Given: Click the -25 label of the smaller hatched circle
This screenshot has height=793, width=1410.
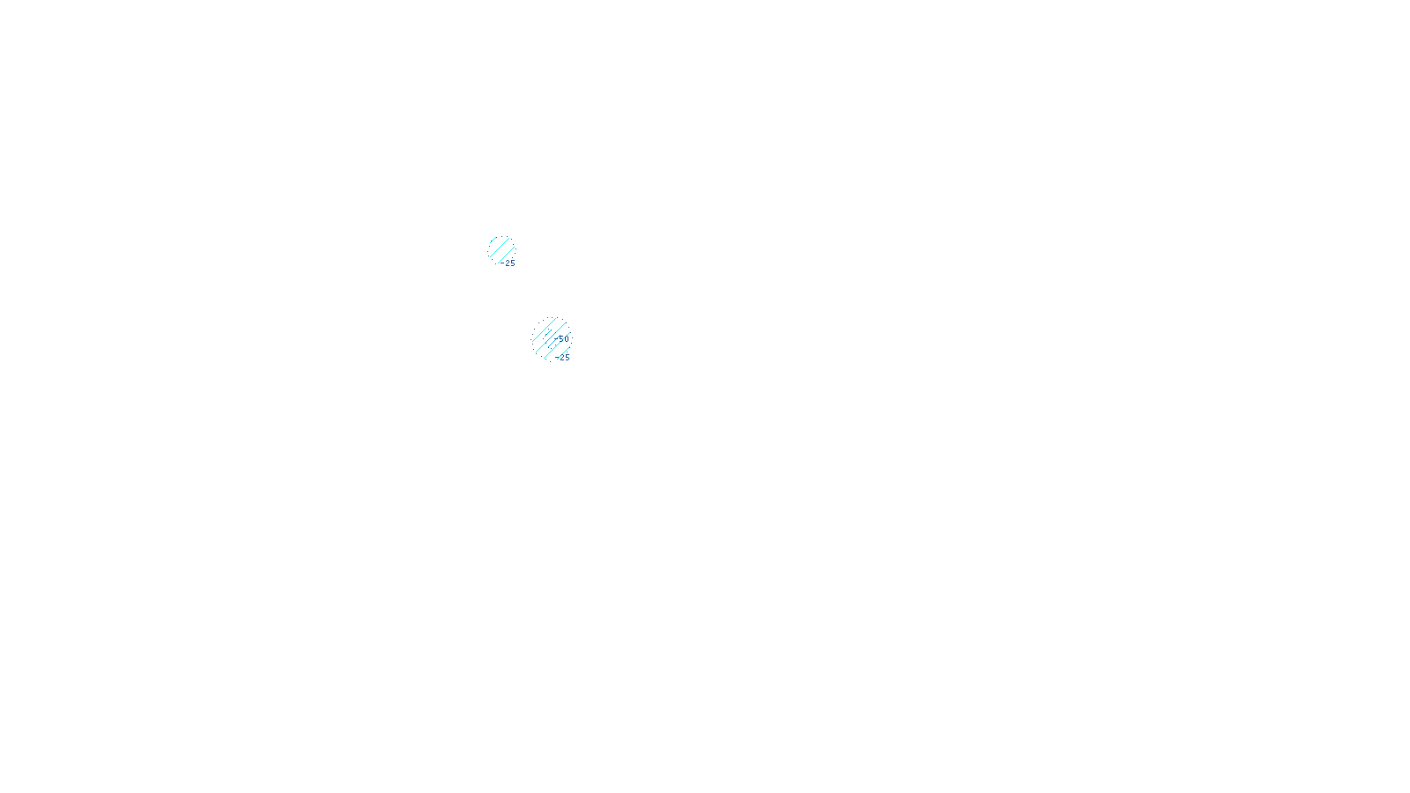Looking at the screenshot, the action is point(508,263).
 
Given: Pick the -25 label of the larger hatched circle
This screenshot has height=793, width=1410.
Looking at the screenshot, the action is point(563,358).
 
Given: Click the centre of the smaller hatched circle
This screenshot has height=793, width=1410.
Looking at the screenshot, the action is point(501,250).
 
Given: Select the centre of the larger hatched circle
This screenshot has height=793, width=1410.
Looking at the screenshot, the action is point(551,339).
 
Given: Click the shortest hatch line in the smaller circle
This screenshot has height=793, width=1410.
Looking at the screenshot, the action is point(493,240).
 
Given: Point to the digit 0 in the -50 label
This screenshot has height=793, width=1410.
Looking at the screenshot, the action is point(566,338).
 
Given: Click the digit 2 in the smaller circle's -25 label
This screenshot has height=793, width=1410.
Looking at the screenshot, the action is point(507,263).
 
